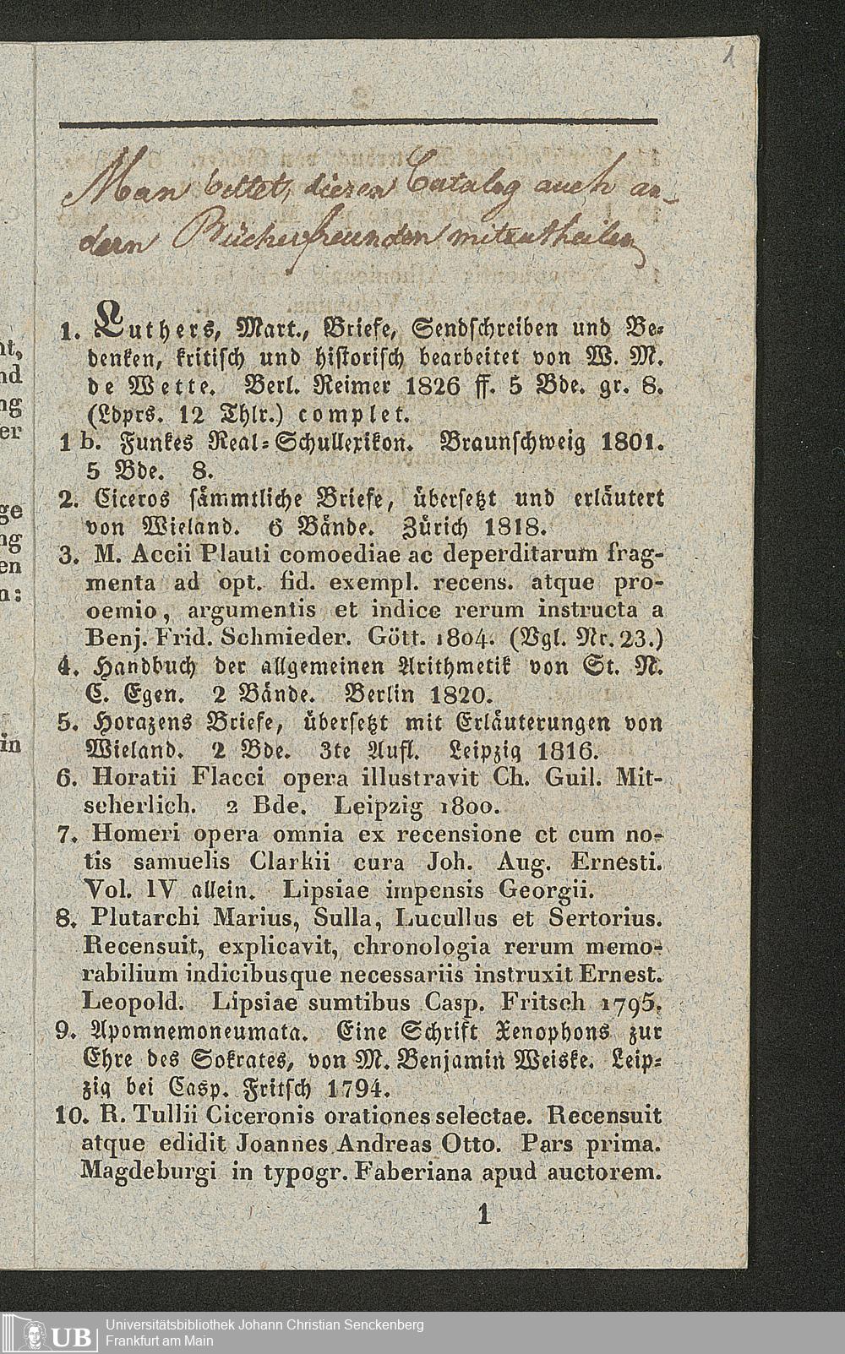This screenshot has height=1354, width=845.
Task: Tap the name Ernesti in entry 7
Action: [618, 863]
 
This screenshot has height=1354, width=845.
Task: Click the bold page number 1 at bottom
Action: [484, 1215]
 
